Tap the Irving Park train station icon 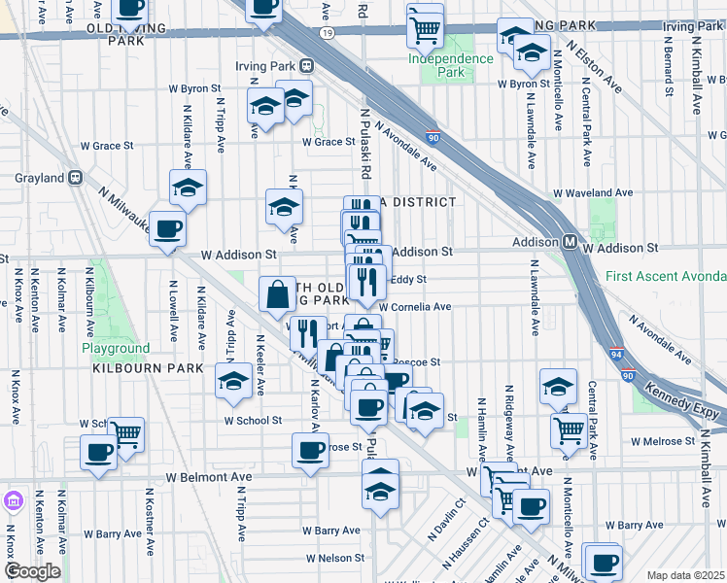tap(307, 65)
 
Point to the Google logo tap(32, 571)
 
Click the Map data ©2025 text tap(685, 575)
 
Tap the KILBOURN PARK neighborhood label tap(148, 368)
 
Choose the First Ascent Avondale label tap(665, 276)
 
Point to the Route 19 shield tap(329, 33)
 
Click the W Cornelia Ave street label tap(415, 307)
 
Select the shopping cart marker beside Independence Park tap(425, 27)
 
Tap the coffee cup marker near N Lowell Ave tap(167, 231)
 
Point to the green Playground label tap(116, 348)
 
